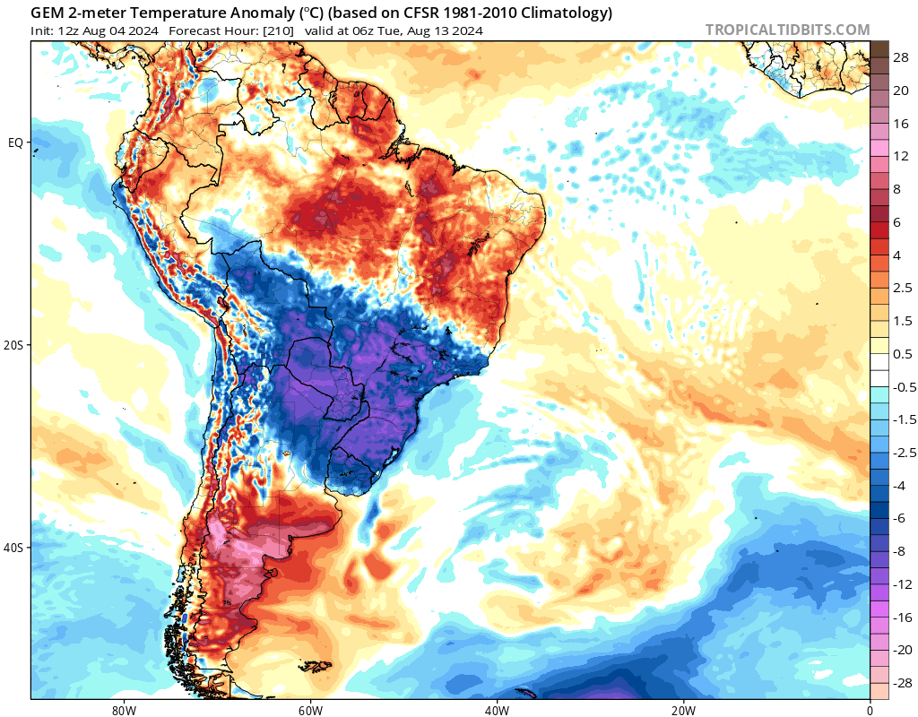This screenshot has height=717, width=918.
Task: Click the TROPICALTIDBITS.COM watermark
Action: tap(787, 30)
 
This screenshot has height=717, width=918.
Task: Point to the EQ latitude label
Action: tap(15, 143)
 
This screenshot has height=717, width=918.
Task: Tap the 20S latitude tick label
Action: tap(15, 345)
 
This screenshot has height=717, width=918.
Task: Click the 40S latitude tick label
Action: tap(15, 548)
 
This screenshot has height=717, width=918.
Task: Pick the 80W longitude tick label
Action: tap(124, 709)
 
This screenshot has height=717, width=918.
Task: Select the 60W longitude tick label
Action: tap(310, 709)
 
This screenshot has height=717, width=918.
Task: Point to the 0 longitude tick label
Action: tap(870, 709)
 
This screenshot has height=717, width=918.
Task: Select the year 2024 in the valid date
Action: tap(466, 31)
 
